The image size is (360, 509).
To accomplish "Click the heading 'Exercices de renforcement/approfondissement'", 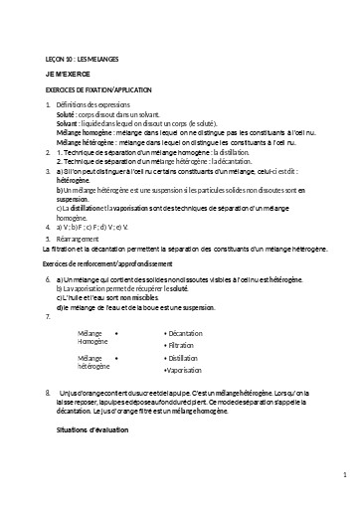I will pos(94,263).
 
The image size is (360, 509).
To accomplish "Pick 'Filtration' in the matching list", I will pos(183,345).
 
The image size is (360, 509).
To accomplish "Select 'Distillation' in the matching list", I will pos(184,357).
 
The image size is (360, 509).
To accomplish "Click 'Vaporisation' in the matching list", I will pos(185,370).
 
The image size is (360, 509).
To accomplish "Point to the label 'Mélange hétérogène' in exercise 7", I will pos(92,362).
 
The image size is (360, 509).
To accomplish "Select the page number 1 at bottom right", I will pos(343,475).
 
